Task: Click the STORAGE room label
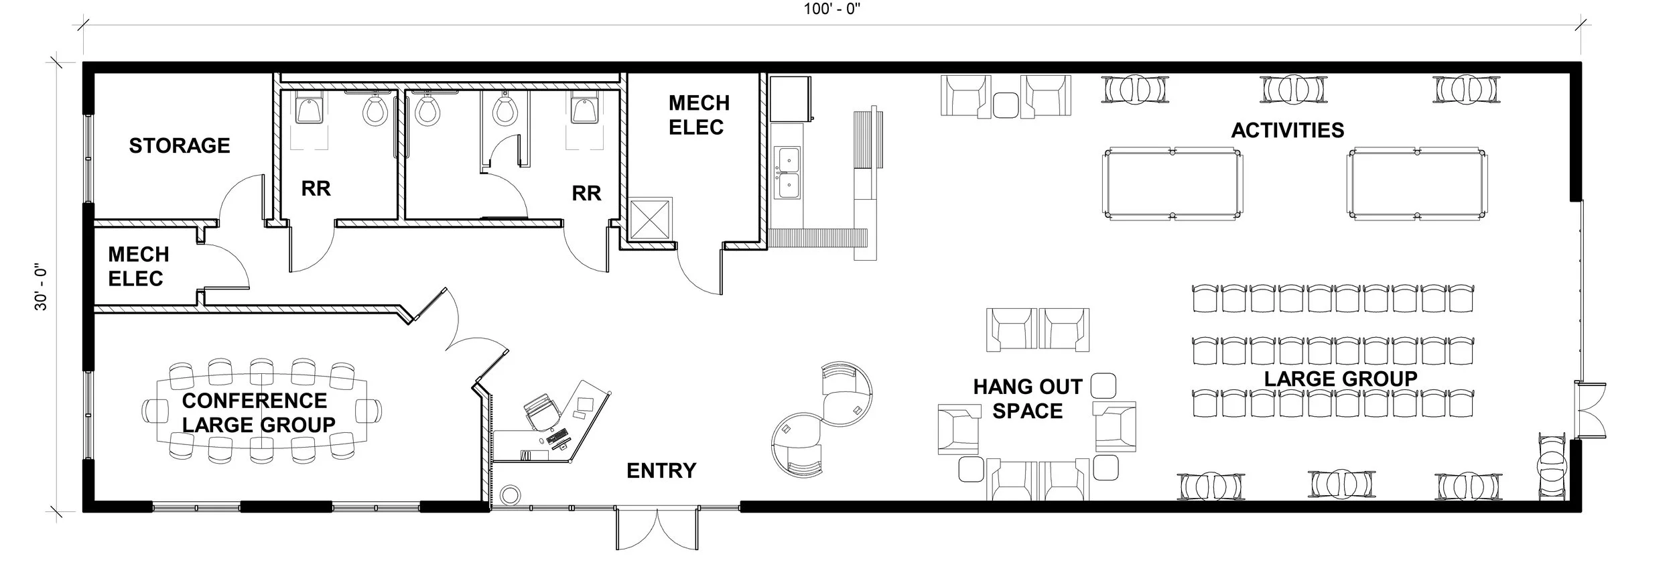(x=180, y=145)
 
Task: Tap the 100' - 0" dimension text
(x=832, y=10)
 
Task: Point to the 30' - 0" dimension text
(x=42, y=287)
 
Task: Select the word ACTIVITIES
(x=1287, y=130)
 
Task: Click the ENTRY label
(x=661, y=470)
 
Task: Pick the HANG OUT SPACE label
(x=1027, y=399)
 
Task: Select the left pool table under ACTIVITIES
(x=1172, y=184)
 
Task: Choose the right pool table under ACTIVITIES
(x=1417, y=184)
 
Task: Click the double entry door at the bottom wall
(x=659, y=528)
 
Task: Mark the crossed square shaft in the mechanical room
(x=649, y=220)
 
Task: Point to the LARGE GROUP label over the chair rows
(x=1341, y=379)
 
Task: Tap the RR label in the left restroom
(x=316, y=189)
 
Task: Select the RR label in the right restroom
(x=586, y=194)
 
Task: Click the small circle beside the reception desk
(x=509, y=495)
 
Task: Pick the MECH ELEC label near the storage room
(x=138, y=266)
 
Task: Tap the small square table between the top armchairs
(x=1005, y=104)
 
